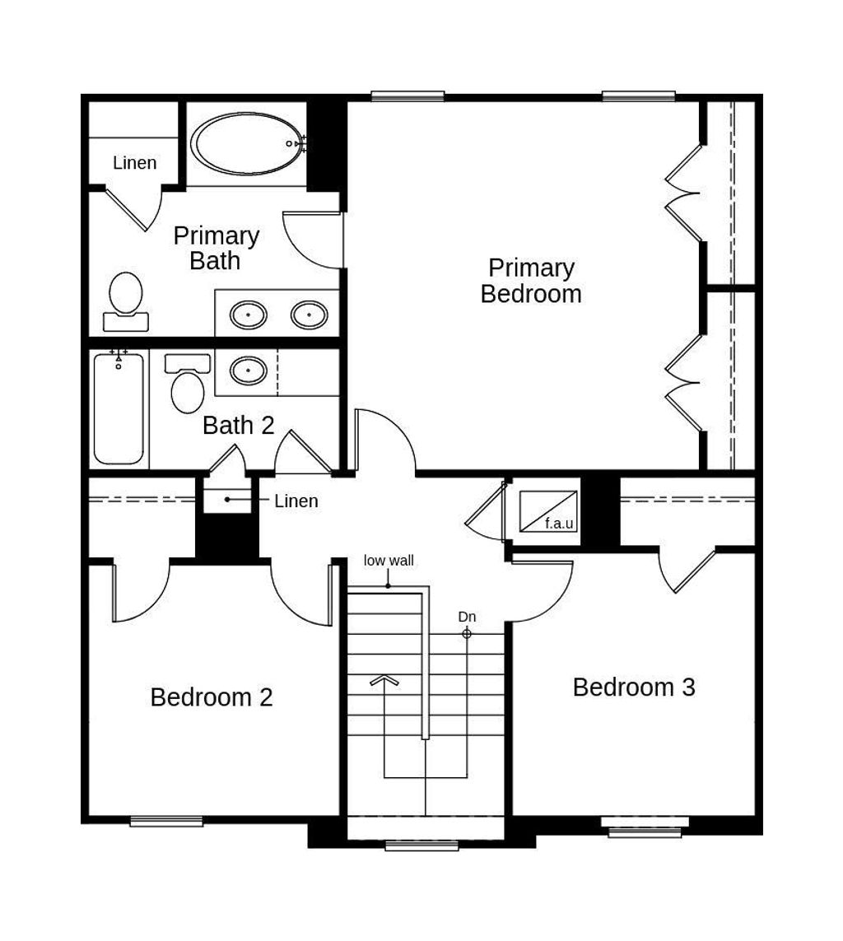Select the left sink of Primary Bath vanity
(x=248, y=314)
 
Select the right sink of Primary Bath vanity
(x=310, y=314)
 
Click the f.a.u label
(x=559, y=522)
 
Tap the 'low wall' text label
(x=389, y=561)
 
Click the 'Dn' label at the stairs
(x=467, y=617)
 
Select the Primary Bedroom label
(x=531, y=281)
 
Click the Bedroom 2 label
(x=212, y=697)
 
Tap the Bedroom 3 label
(x=634, y=687)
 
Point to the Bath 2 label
(x=238, y=426)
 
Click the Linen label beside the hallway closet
(x=296, y=501)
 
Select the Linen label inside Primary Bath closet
(x=134, y=163)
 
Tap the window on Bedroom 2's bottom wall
(x=155, y=820)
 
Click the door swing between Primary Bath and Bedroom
(x=311, y=240)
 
